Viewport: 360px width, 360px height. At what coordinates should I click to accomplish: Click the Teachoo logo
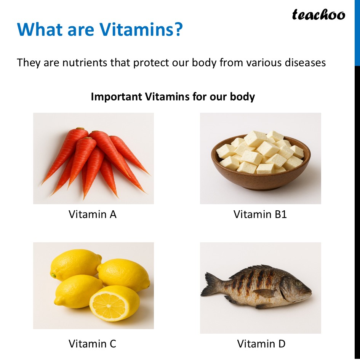pyautogui.click(x=318, y=15)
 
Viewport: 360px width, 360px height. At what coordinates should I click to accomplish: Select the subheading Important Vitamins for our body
pyautogui.click(x=173, y=96)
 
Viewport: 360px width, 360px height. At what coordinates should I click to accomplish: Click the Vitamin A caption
pyautogui.click(x=93, y=214)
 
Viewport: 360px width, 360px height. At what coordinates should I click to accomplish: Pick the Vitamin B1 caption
pyautogui.click(x=260, y=214)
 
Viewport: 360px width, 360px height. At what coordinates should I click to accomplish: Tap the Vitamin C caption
pyautogui.click(x=93, y=344)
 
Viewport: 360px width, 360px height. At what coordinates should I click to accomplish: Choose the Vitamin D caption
pyautogui.click(x=261, y=344)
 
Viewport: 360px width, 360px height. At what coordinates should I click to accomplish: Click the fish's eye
pyautogui.click(x=297, y=283)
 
